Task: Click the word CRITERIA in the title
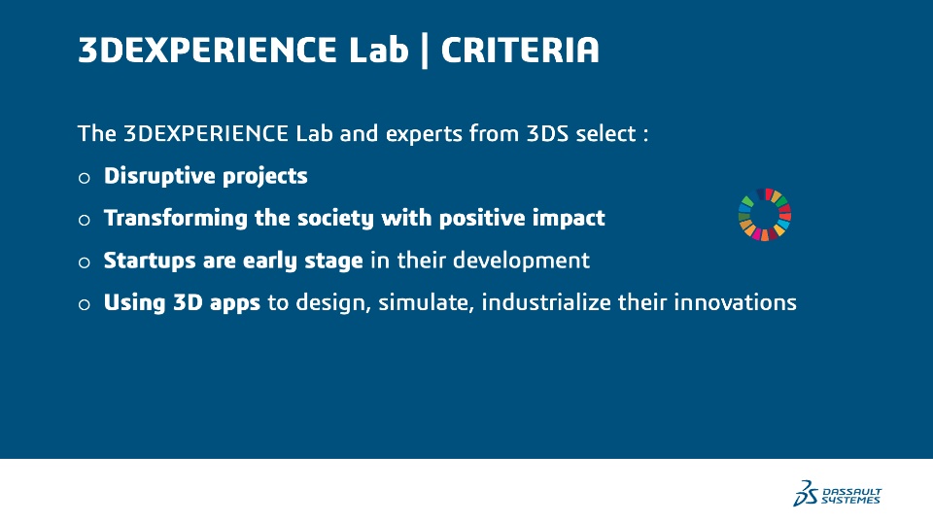[x=519, y=50]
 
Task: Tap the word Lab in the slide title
[x=378, y=50]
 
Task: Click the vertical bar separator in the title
[x=425, y=51]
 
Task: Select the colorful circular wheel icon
[x=765, y=214]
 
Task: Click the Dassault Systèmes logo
[x=837, y=493]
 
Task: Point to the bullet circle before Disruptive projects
[x=84, y=178]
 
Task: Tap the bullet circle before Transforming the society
[x=84, y=220]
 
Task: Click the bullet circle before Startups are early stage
[x=84, y=262]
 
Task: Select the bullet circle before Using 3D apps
[x=84, y=304]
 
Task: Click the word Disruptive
[x=159, y=176]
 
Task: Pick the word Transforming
[x=176, y=219]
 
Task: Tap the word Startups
[x=150, y=262]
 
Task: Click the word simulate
[x=426, y=303]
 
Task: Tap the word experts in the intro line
[x=424, y=134]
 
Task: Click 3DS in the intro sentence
[x=547, y=133]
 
